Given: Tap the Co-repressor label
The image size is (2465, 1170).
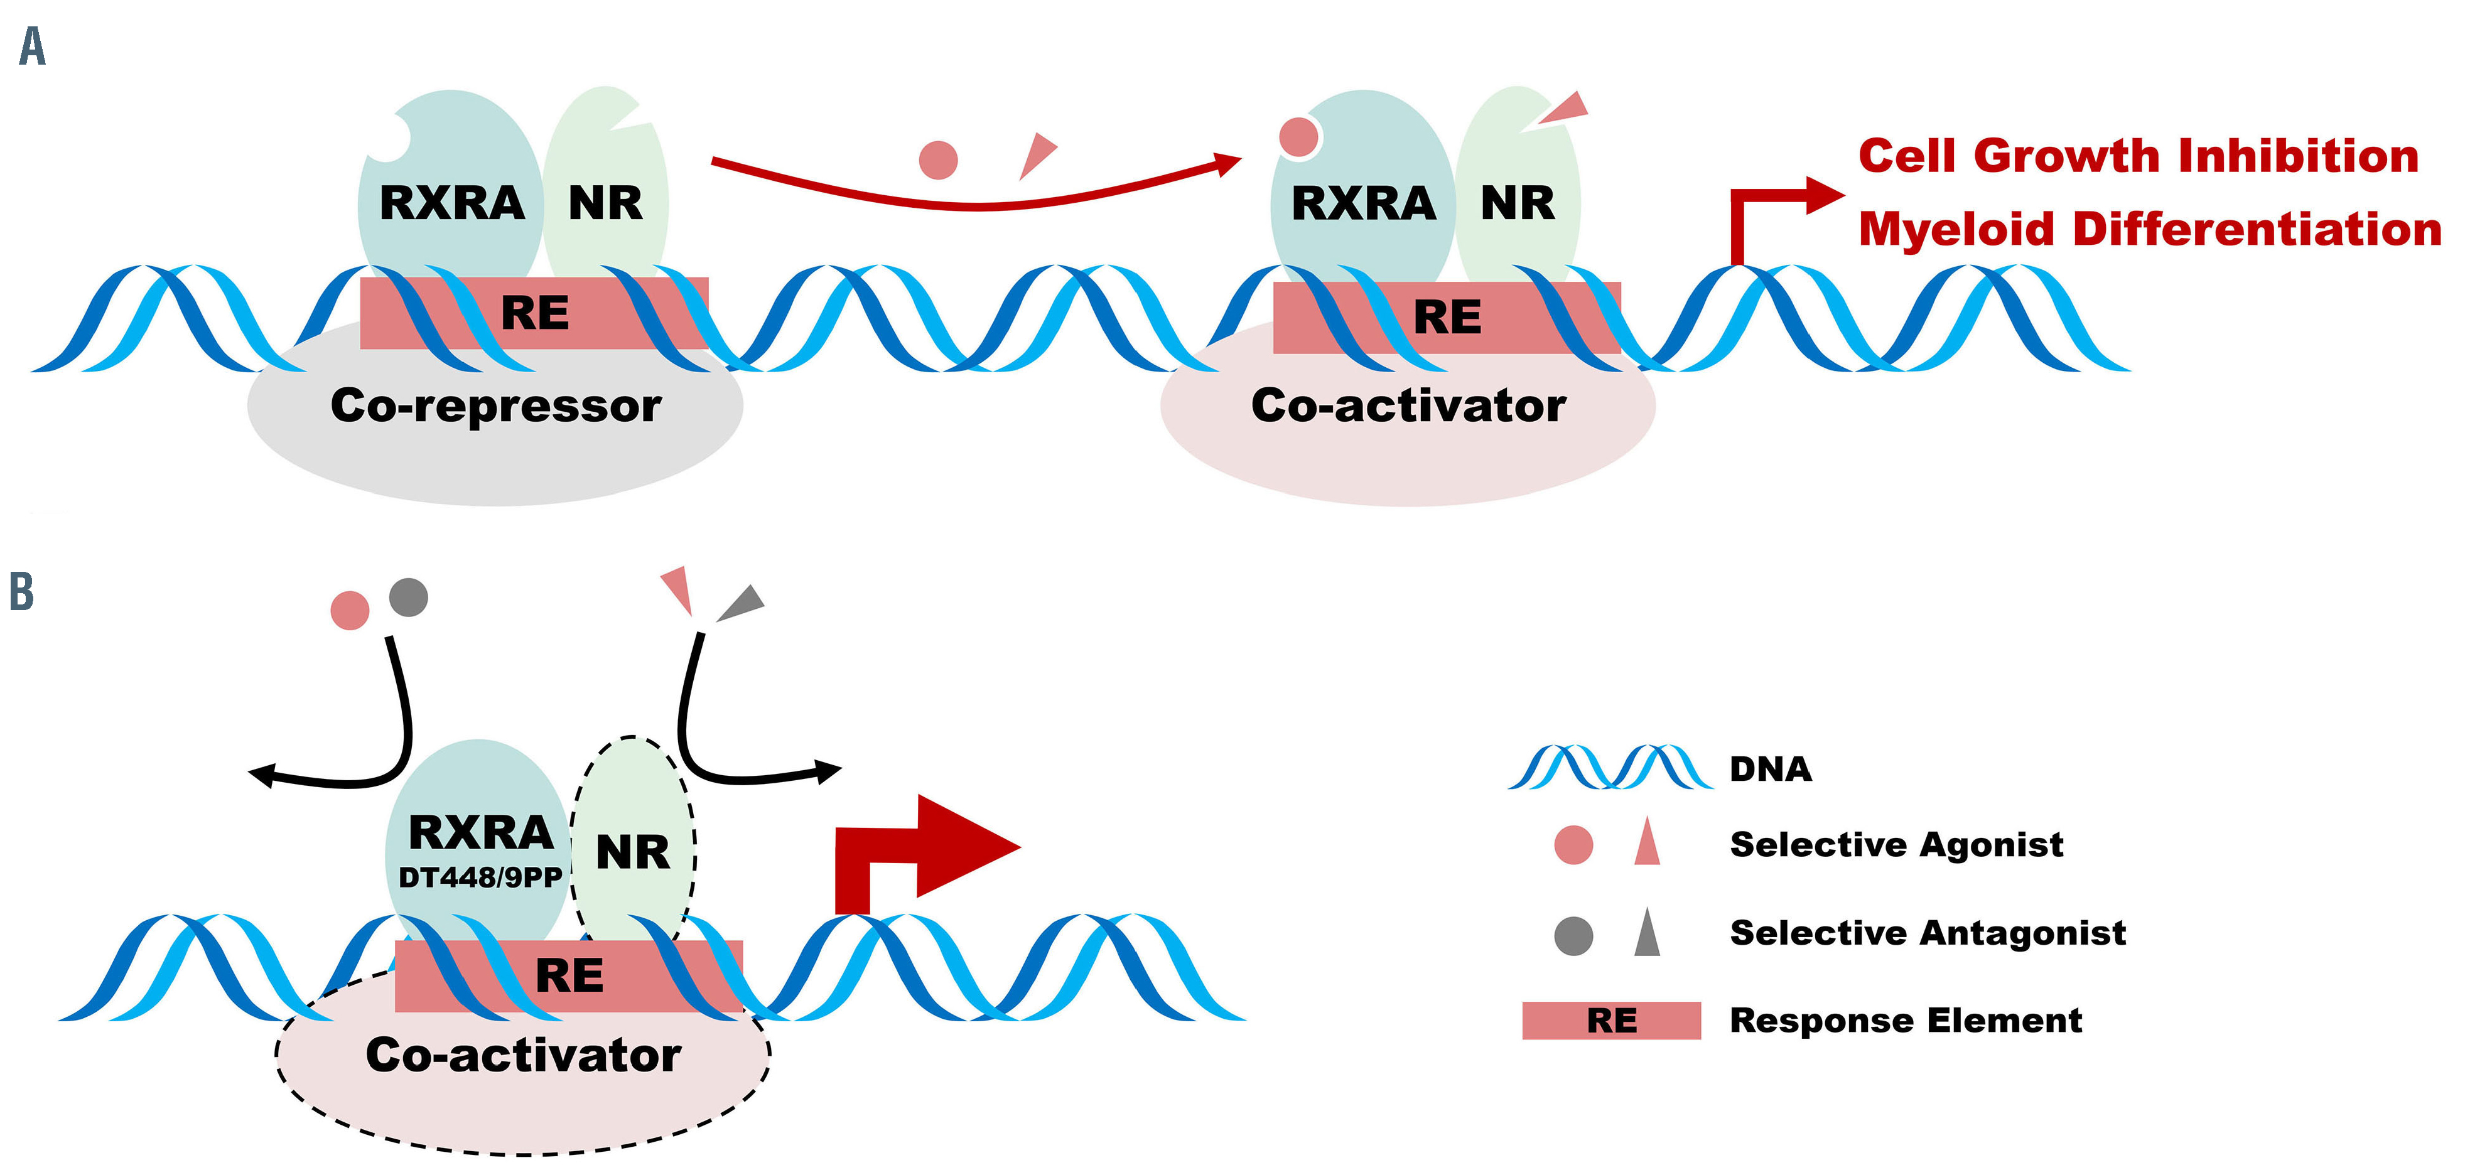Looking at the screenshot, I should [x=495, y=405].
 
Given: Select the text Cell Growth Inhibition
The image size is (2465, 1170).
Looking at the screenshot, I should [x=2139, y=156].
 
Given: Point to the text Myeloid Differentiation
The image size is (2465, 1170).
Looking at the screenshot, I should [x=2149, y=230].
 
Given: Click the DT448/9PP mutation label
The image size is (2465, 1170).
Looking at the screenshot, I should [x=480, y=877].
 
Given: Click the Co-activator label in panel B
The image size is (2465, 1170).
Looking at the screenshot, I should [x=524, y=1055].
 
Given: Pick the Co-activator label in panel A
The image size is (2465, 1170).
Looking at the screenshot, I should [x=1408, y=405].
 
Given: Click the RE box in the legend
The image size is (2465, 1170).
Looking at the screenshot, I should [x=1612, y=1021].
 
